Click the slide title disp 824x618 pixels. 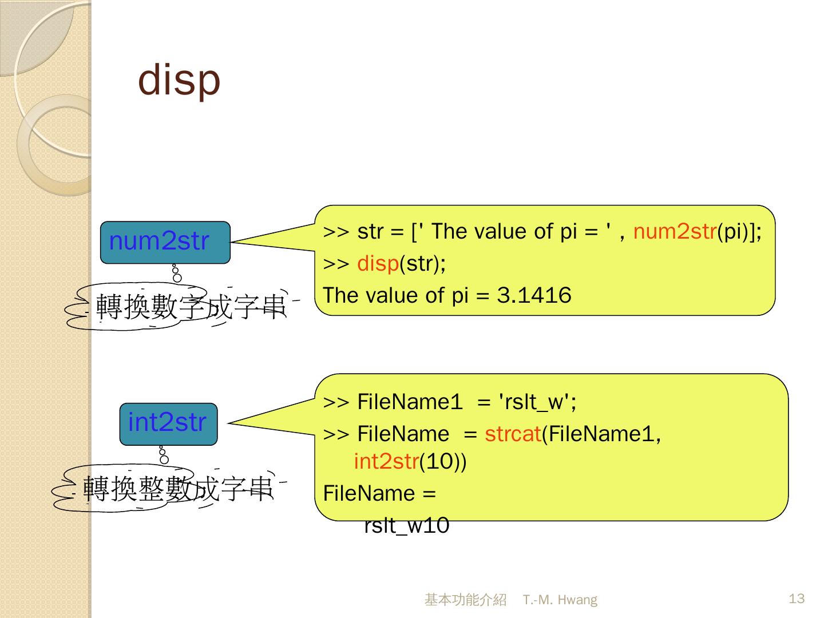pos(179,80)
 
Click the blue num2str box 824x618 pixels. pos(165,242)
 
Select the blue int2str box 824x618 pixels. pos(168,423)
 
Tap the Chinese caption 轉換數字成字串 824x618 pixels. pos(190,307)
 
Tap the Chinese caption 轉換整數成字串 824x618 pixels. pos(177,489)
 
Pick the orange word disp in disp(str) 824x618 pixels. pos(378,264)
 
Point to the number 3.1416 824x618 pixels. pos(534,296)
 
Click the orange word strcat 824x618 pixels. pos(513,434)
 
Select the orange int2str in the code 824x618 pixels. pos(386,461)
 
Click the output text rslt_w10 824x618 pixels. pos(406,525)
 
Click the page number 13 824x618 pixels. pos(797,599)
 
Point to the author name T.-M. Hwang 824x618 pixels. pos(560,600)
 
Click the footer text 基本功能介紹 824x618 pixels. pos(465,600)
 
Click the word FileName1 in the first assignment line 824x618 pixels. pos(409,402)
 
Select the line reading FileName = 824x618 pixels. pos(379,493)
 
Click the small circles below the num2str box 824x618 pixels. pos(176,274)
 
